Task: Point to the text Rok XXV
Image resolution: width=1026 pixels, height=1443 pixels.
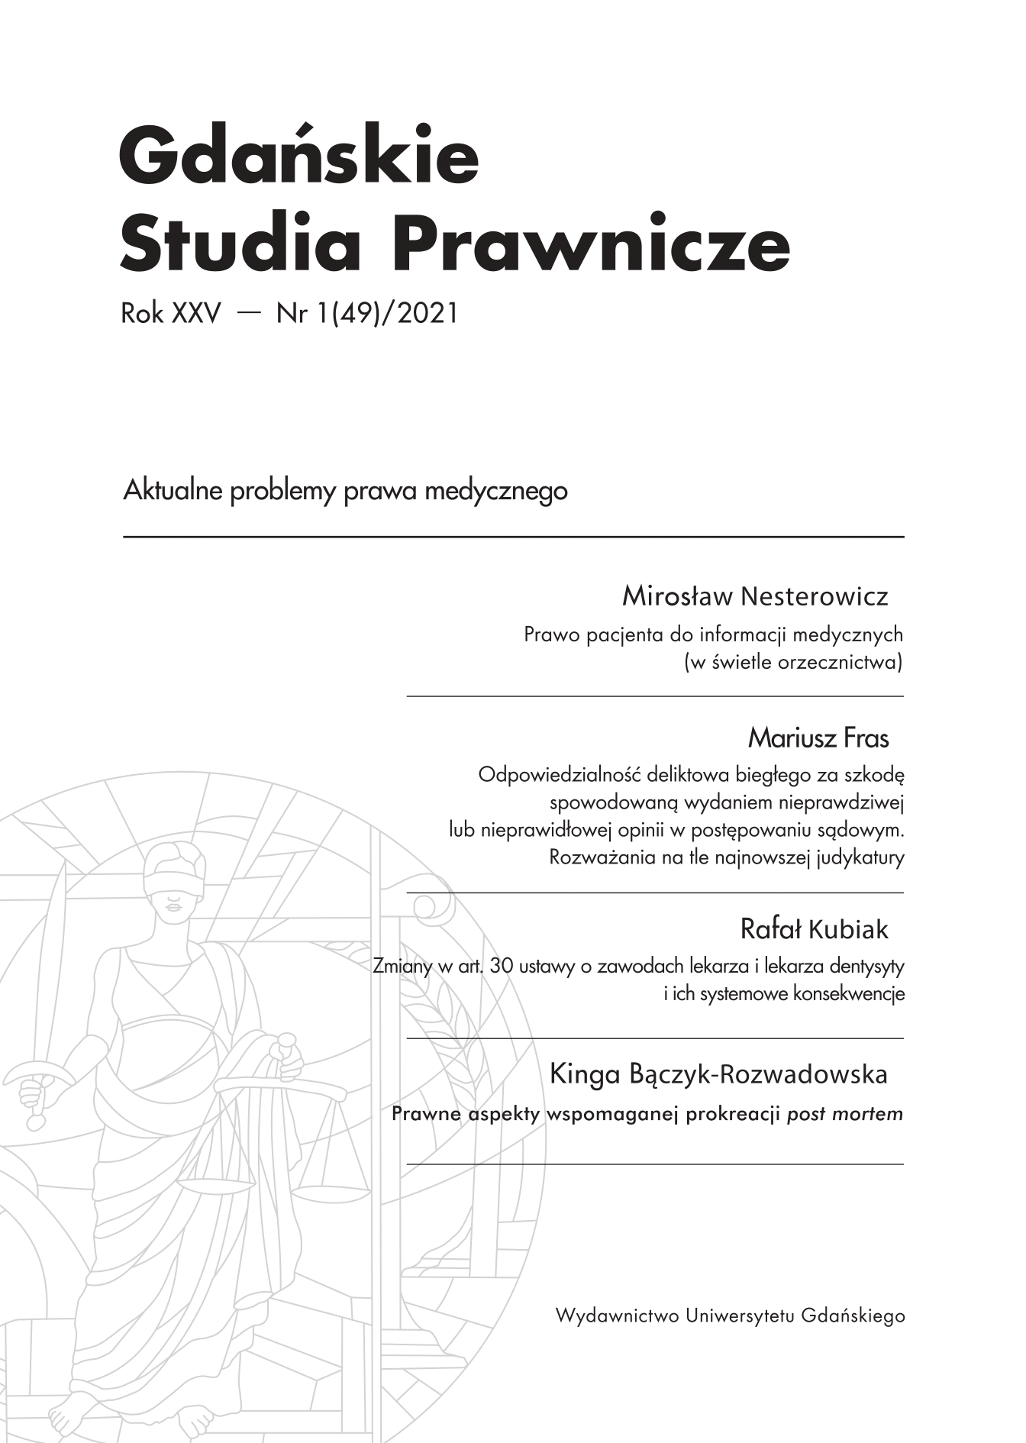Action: point(170,313)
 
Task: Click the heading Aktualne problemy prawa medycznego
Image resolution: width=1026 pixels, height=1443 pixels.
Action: point(345,490)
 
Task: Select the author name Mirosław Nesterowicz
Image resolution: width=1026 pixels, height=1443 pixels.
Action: point(755,596)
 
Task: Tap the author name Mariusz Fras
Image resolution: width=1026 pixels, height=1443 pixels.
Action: point(818,738)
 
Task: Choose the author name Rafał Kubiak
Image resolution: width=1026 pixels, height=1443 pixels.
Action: point(814,929)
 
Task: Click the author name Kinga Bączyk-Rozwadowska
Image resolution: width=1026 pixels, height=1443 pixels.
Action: point(718,1074)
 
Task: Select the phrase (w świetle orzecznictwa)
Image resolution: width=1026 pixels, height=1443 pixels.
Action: point(794,662)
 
